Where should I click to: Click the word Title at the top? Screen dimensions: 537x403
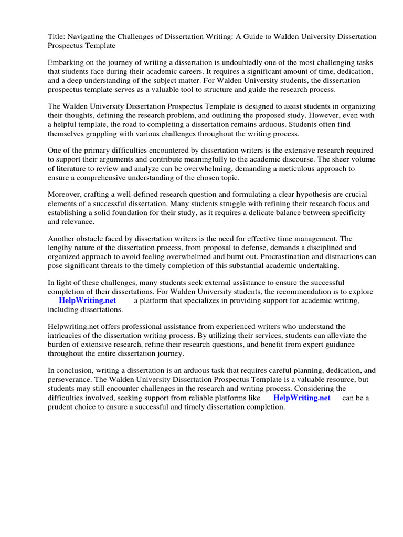(x=56, y=37)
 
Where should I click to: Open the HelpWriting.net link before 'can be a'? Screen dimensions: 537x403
(x=302, y=398)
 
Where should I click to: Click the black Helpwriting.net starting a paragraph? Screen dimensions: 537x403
(x=73, y=326)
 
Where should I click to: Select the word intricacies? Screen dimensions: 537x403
(x=68, y=336)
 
